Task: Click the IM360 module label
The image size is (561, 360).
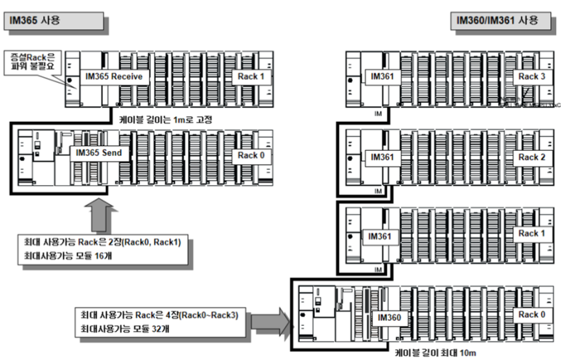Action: (390, 317)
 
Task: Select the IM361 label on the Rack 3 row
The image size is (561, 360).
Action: (382, 76)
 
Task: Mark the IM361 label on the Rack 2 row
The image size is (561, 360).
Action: (382, 157)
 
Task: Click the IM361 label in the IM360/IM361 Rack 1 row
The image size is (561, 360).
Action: (382, 236)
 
